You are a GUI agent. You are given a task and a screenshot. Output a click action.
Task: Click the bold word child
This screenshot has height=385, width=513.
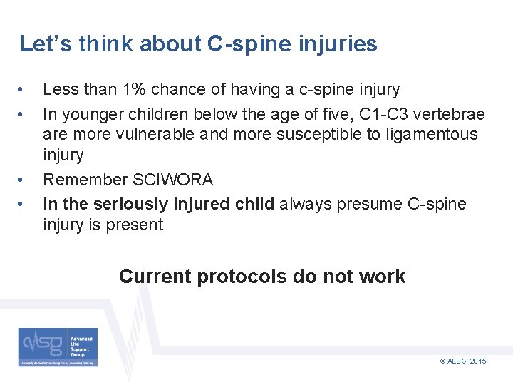(x=255, y=204)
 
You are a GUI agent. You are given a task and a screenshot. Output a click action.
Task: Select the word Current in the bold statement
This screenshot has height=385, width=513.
(x=155, y=277)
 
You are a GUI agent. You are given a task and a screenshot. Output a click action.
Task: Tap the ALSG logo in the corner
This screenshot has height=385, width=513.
(x=58, y=347)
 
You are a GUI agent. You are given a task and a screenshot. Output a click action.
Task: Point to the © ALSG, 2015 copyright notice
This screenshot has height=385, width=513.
(x=463, y=362)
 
